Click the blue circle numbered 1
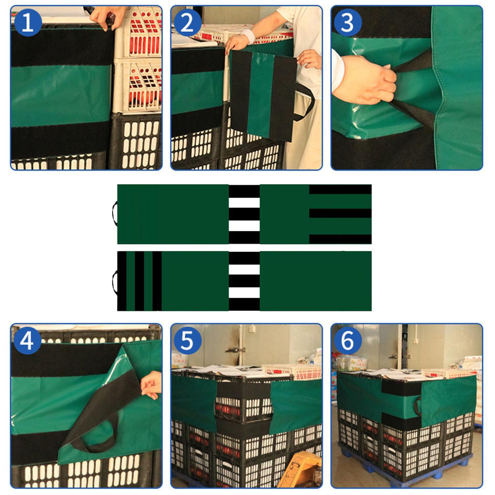28,22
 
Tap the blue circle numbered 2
188,22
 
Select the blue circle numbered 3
348,22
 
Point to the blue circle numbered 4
28,341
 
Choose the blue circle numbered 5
188,341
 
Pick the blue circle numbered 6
348,341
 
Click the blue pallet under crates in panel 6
407,467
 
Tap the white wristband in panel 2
249,36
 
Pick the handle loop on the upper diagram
114,214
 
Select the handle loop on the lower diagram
114,282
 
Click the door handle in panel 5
235,350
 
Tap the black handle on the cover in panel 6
417,406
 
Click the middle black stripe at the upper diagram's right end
340,213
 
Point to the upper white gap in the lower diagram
244,269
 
